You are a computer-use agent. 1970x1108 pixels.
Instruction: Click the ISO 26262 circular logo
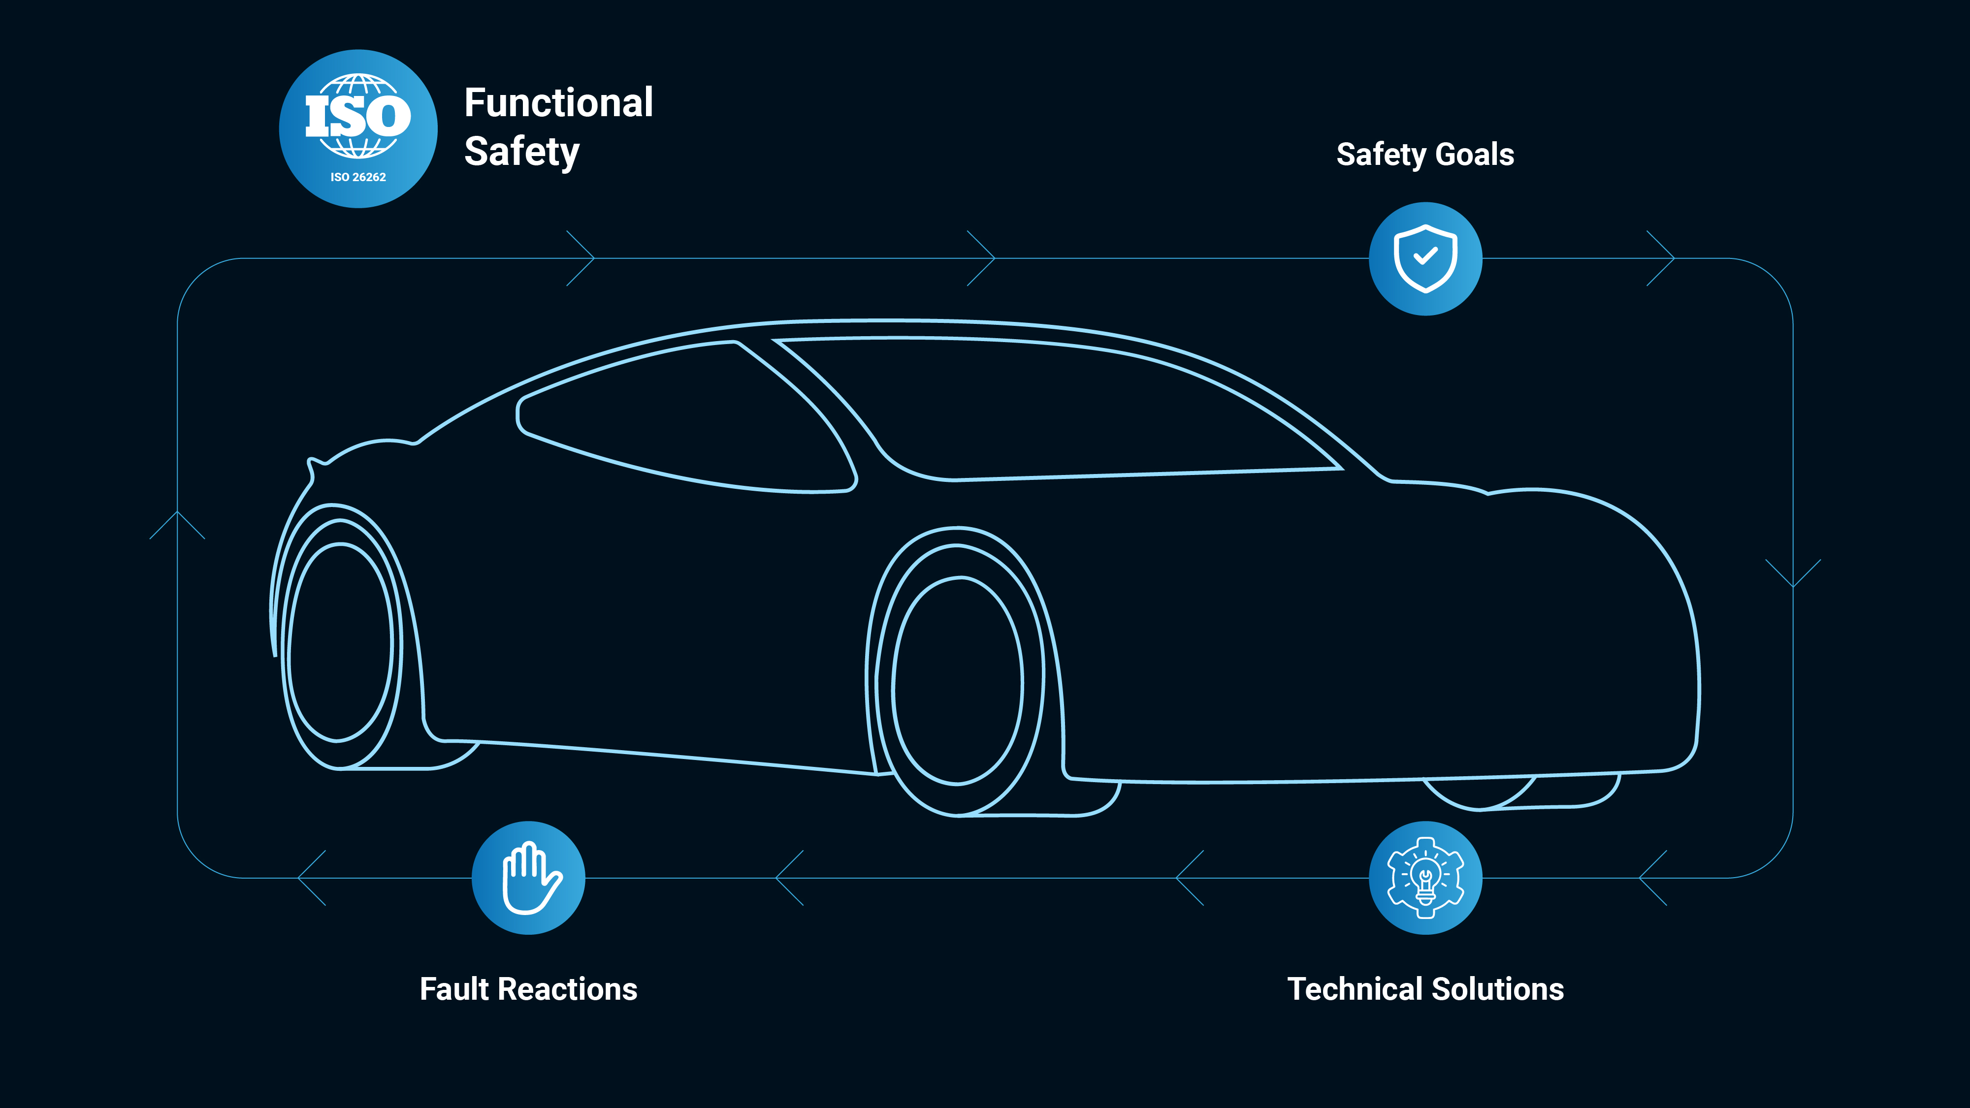358,128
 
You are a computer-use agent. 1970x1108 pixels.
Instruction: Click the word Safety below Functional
521,152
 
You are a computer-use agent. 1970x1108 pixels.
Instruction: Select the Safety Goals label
1425,155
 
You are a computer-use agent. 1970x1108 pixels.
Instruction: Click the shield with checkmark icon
1425,258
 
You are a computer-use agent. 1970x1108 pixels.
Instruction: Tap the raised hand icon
528,877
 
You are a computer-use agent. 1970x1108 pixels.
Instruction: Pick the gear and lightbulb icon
1425,877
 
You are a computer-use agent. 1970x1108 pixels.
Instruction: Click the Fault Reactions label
528,989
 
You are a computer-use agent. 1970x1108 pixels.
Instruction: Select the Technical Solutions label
1425,989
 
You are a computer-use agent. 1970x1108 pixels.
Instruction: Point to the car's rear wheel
340,642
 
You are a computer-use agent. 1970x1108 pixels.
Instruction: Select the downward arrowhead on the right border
1793,573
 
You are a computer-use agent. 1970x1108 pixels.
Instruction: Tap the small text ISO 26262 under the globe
358,177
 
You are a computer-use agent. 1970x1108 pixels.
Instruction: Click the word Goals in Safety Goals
1475,155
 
